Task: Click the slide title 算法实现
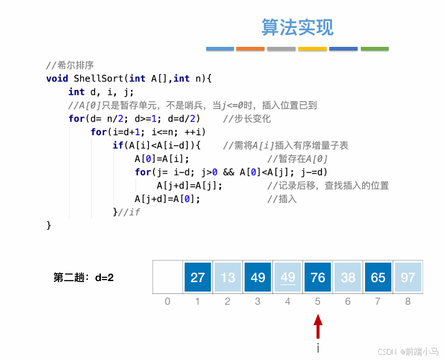pos(297,27)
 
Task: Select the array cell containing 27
pos(198,277)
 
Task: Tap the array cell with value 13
pos(228,277)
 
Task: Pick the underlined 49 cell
pos(288,277)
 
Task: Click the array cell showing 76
pos(318,277)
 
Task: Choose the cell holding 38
pos(348,277)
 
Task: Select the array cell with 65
pos(378,277)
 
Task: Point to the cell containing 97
pos(408,277)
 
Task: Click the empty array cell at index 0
pos(168,277)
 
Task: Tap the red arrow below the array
pos(318,327)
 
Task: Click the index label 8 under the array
pos(408,302)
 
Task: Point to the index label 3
pos(258,302)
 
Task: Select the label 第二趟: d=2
pos(84,277)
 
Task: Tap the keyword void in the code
pos(57,78)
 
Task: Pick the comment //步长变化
pos(247,118)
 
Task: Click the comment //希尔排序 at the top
pos(69,65)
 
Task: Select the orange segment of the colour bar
pos(250,49)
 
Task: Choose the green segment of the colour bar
pos(375,49)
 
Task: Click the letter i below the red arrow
pos(318,348)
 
